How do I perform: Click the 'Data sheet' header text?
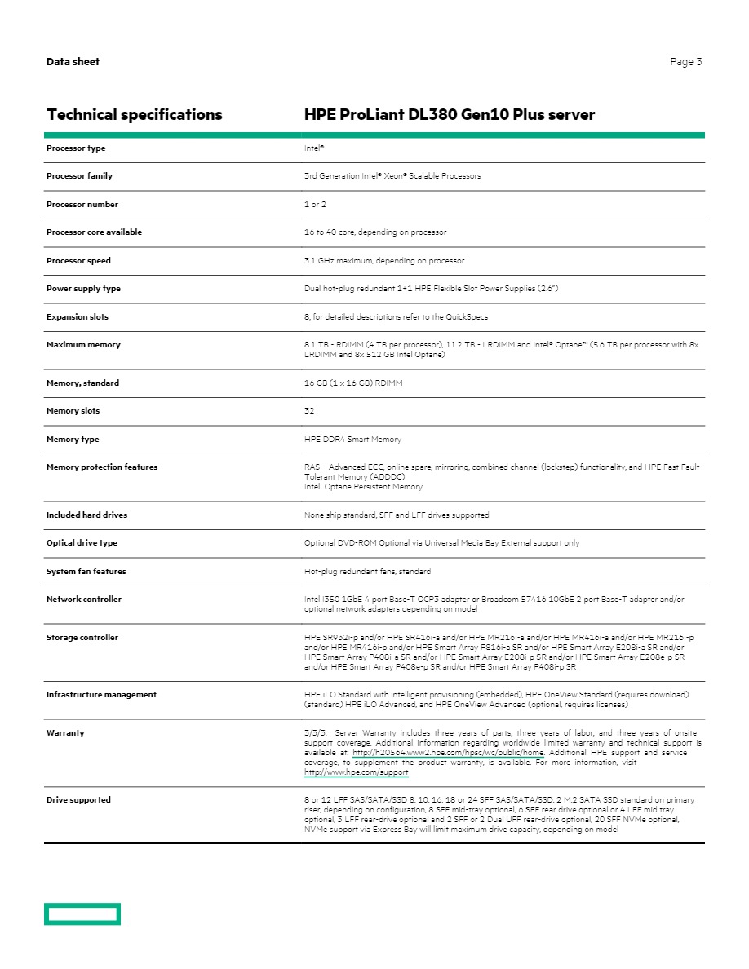73,62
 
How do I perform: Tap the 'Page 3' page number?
685,62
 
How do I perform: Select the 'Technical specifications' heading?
135,115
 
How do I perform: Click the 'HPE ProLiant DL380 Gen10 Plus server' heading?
450,115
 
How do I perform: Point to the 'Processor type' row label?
76,148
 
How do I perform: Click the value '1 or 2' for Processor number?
315,205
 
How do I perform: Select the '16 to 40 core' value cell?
375,232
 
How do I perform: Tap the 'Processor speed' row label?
78,261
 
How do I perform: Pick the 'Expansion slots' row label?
78,317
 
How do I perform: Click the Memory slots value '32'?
309,411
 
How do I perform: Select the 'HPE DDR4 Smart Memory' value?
352,440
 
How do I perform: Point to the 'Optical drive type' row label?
82,543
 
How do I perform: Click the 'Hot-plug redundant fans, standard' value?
367,572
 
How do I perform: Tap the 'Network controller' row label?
84,600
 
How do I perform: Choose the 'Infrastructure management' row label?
101,695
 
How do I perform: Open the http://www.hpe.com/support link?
356,772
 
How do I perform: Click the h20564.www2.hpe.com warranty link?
448,753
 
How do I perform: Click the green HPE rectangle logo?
82,914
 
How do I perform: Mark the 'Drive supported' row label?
78,800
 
